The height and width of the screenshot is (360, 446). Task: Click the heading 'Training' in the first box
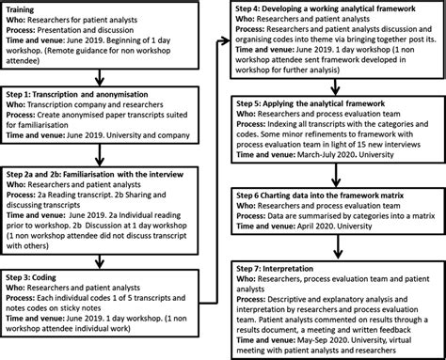[24, 8]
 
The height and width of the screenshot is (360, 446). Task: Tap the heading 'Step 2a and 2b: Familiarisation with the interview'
[104, 174]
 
